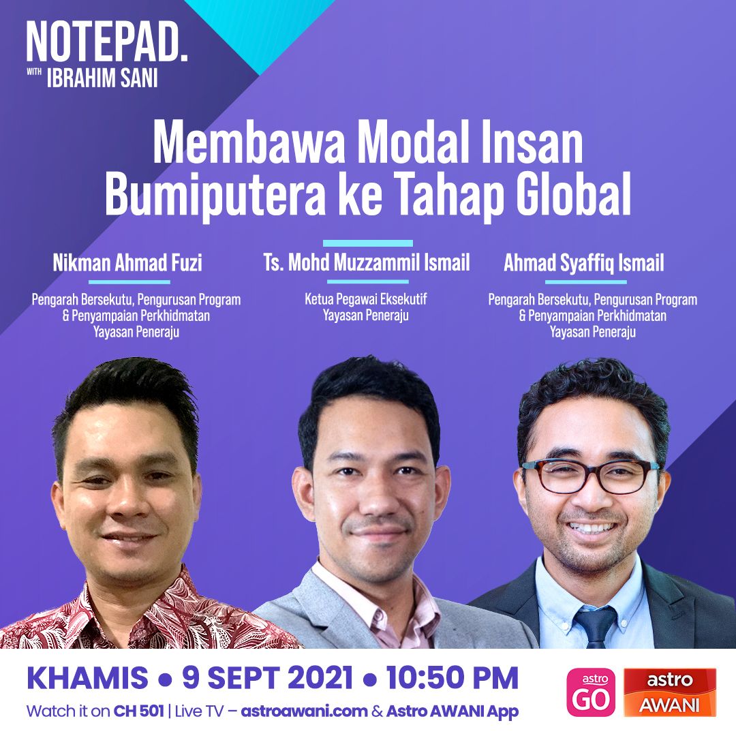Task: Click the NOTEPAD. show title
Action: point(107,42)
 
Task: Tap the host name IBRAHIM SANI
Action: point(102,78)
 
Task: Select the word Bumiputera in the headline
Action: point(215,194)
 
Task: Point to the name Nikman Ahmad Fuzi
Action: point(127,263)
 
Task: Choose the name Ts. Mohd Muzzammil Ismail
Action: point(367,262)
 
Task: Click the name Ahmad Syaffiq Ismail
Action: point(584,263)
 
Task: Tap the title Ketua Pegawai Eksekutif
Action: point(366,299)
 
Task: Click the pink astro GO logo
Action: point(591,692)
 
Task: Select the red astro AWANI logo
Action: point(670,692)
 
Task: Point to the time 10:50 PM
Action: point(453,678)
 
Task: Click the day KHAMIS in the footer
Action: point(87,678)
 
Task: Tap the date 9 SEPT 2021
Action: point(267,678)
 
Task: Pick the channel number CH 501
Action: point(138,711)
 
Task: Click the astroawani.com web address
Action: point(304,711)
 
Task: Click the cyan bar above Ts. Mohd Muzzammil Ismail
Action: point(368,243)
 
